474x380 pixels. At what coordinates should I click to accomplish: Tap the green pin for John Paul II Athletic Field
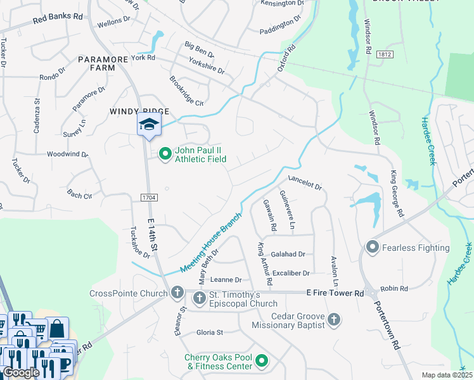click(x=165, y=154)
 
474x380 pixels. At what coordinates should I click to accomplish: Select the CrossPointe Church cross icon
click(x=177, y=293)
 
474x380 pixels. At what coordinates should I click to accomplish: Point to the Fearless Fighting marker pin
click(x=372, y=247)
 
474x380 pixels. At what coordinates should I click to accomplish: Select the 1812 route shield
click(x=384, y=55)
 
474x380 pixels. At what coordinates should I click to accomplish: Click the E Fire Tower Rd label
click(x=335, y=293)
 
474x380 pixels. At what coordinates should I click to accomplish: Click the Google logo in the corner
click(x=21, y=372)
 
